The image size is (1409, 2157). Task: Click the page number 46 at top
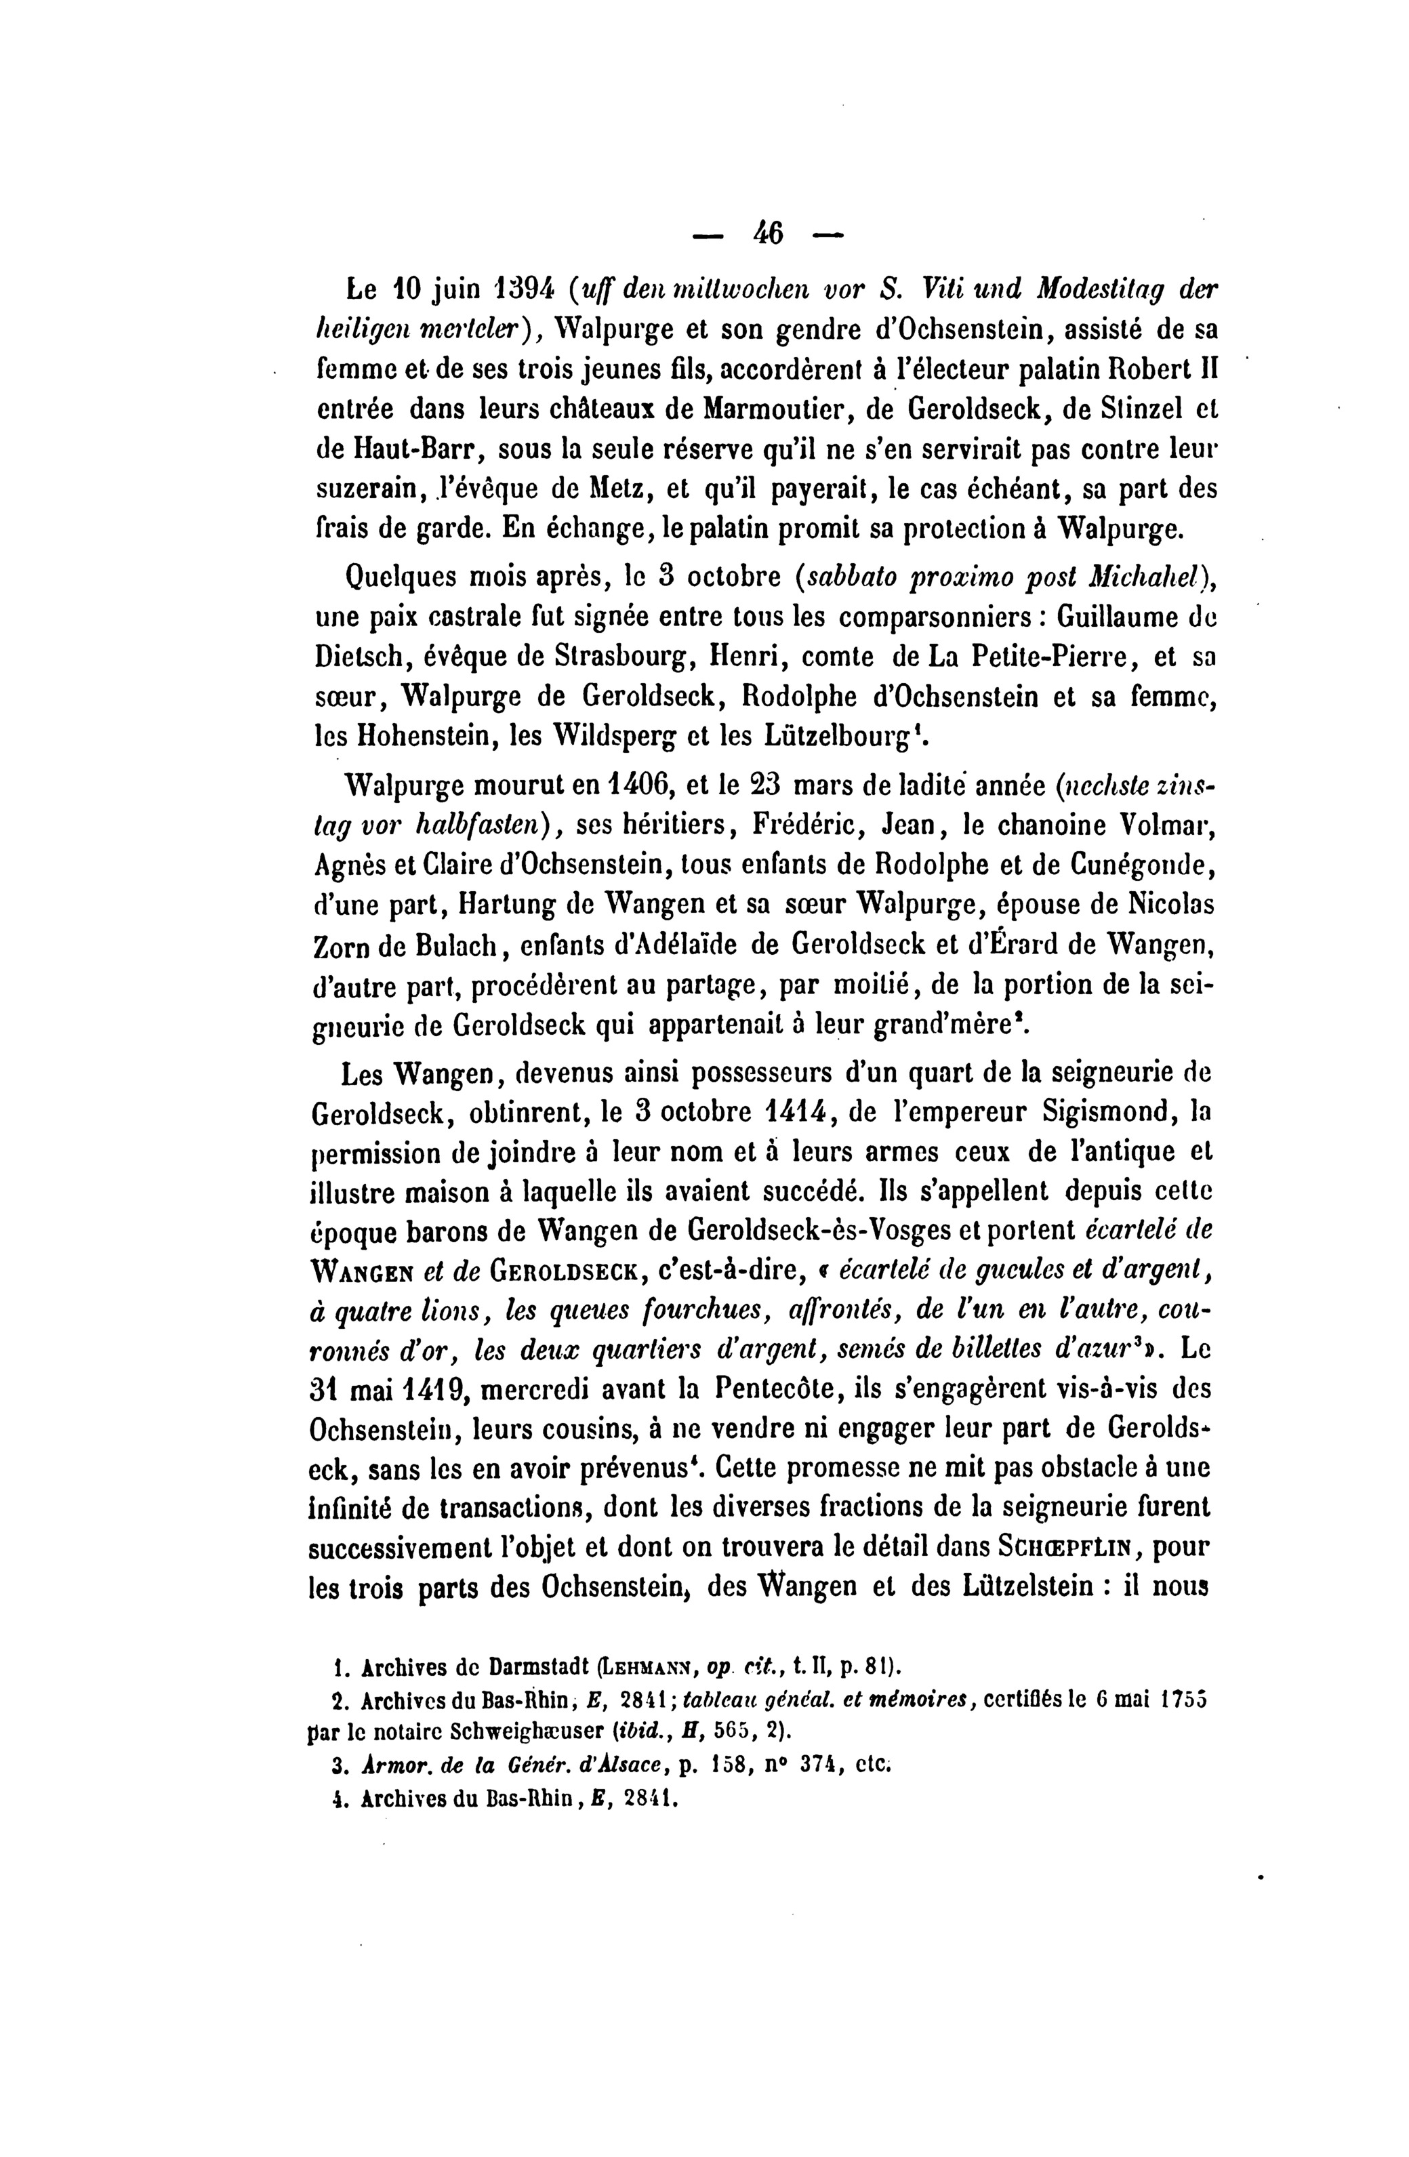(x=767, y=234)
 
